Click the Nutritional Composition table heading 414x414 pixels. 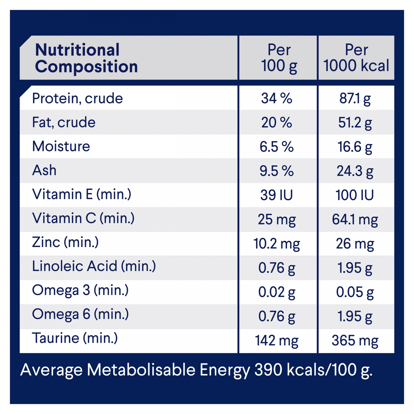(86, 58)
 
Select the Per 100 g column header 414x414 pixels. (279, 58)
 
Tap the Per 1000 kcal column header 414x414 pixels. (356, 58)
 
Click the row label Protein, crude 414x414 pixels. (77, 98)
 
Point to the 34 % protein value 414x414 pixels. (277, 98)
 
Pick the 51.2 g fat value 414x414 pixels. (355, 123)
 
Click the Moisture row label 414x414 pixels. (61, 146)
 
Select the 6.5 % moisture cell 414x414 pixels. (277, 147)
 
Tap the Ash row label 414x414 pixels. (44, 170)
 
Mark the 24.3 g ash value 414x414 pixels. (355, 171)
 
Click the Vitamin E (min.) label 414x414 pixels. (82, 194)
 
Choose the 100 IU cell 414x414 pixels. (355, 195)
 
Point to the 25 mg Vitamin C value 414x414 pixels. (277, 220)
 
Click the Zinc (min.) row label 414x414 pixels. (65, 242)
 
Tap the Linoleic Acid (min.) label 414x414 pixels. (94, 266)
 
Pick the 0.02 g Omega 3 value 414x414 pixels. (277, 292)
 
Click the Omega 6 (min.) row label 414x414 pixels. (80, 314)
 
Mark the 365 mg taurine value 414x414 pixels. (355, 341)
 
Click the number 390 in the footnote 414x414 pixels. (268, 370)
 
